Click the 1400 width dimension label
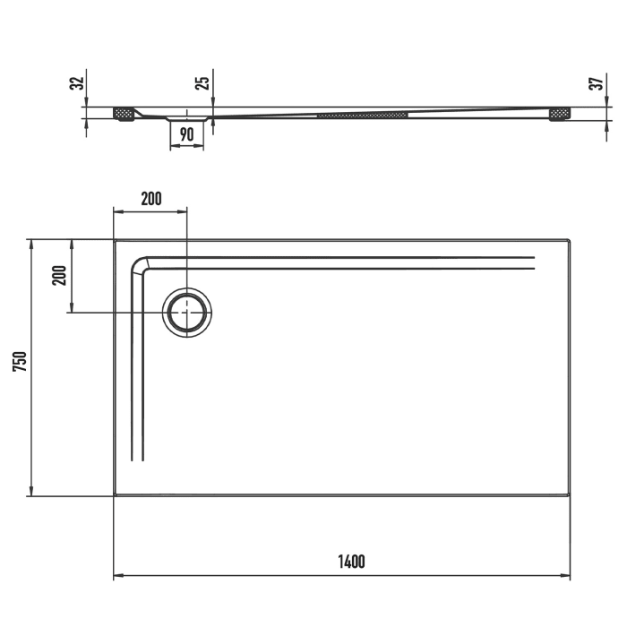pyautogui.click(x=351, y=563)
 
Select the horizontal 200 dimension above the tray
pyautogui.click(x=151, y=199)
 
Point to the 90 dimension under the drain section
pyautogui.click(x=187, y=134)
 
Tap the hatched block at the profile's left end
pyautogui.click(x=124, y=114)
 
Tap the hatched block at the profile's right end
pyautogui.click(x=560, y=114)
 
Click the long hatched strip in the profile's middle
pyautogui.click(x=362, y=115)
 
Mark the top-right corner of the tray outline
pyautogui.click(x=569, y=241)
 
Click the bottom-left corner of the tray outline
pyautogui.click(x=116, y=494)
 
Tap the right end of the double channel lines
pyautogui.click(x=534, y=263)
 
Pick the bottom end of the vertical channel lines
pyautogui.click(x=137, y=460)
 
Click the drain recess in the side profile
pyautogui.click(x=187, y=116)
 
